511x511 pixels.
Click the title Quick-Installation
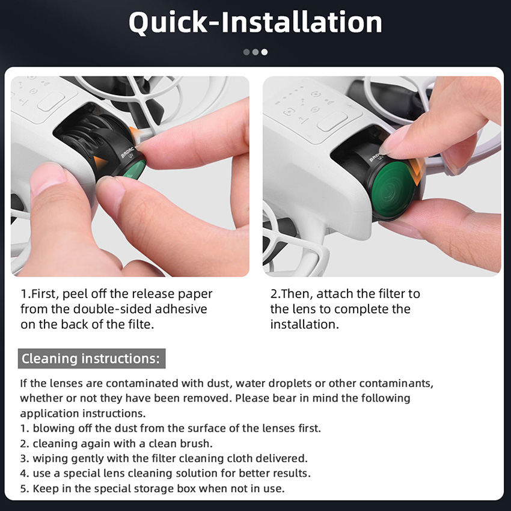click(x=255, y=23)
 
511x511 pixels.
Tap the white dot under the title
click(x=265, y=52)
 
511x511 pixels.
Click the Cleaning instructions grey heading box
click(x=91, y=358)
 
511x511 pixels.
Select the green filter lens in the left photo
click(x=135, y=170)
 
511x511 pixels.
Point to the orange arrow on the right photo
click(x=416, y=171)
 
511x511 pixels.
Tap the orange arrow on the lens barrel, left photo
click(x=100, y=162)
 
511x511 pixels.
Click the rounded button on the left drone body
click(x=51, y=101)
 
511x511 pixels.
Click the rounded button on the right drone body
click(x=332, y=121)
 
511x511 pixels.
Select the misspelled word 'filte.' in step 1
click(x=138, y=324)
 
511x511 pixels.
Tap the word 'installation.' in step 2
click(x=305, y=324)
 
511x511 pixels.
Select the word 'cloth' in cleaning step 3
click(x=239, y=459)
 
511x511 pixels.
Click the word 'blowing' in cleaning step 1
click(x=54, y=429)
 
